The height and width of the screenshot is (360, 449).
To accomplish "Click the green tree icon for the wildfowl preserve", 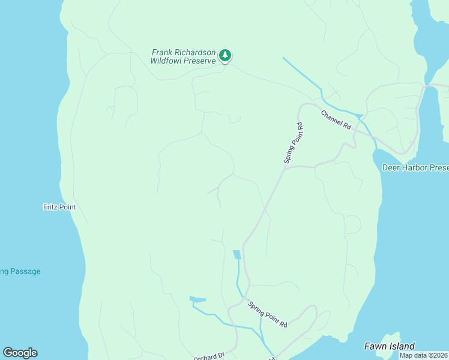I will [x=225, y=56].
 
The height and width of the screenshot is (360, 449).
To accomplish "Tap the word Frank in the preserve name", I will [x=163, y=52].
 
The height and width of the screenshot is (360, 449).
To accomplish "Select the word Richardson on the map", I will [x=196, y=52].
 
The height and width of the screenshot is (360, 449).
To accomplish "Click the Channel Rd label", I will [x=336, y=120].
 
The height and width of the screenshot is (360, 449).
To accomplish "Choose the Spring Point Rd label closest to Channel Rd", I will [x=294, y=143].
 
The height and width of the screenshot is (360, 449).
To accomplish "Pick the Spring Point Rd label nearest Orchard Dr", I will [x=268, y=314].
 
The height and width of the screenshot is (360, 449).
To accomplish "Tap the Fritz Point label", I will [x=59, y=207].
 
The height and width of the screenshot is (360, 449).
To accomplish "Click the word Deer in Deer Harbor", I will [x=391, y=167].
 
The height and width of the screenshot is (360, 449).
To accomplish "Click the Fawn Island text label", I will [x=389, y=346].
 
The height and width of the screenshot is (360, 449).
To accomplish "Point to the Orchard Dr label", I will [x=208, y=356].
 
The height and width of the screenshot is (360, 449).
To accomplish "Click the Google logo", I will [x=20, y=353].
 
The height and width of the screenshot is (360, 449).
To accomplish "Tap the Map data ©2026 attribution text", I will [x=423, y=355].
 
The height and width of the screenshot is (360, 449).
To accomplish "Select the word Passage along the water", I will [x=26, y=271].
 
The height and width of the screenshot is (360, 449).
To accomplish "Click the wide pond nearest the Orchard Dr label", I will [x=197, y=299].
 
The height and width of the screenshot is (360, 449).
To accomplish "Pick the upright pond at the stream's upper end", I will [x=237, y=254].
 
